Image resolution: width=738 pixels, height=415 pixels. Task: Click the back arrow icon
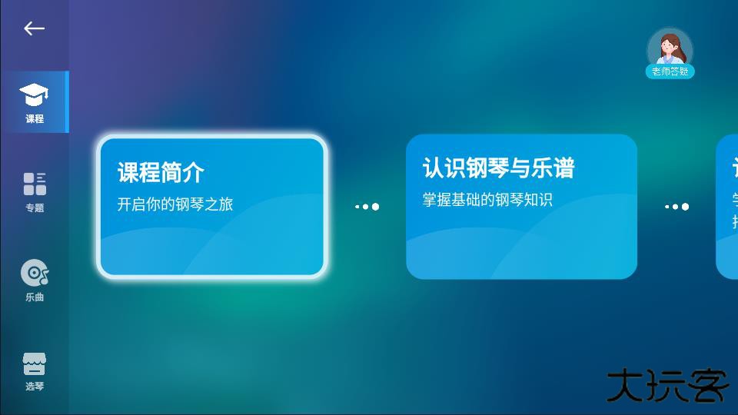click(x=34, y=28)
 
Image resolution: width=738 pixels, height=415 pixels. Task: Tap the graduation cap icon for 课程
click(x=34, y=95)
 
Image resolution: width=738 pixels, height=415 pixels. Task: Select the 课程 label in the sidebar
click(x=35, y=119)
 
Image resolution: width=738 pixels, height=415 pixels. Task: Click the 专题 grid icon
click(x=35, y=184)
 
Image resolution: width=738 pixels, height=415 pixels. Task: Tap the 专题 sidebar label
click(x=35, y=208)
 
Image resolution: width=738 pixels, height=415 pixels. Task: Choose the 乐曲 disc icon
click(x=35, y=272)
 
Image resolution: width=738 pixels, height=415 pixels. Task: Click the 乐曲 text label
click(x=35, y=297)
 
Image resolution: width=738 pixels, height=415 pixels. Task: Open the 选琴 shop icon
click(x=35, y=364)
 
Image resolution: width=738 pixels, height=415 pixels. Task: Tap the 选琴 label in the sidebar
click(x=35, y=387)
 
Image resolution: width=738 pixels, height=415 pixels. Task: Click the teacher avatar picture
click(x=670, y=48)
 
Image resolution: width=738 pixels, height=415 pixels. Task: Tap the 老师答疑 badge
click(x=670, y=71)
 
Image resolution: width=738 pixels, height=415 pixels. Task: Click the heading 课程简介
click(x=161, y=173)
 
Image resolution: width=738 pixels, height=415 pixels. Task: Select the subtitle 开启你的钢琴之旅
click(x=175, y=204)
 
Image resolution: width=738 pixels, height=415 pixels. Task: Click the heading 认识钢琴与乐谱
click(x=498, y=168)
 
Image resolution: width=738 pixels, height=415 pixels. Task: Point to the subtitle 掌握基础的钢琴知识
click(x=487, y=200)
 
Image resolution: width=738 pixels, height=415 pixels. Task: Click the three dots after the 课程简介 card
click(x=367, y=206)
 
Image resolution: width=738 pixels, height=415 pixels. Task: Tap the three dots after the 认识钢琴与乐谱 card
click(x=676, y=206)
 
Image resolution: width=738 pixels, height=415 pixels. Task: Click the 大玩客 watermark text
click(x=667, y=387)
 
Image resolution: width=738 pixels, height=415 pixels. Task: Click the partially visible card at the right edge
click(x=728, y=206)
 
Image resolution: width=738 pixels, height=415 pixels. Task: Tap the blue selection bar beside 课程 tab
click(x=67, y=102)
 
